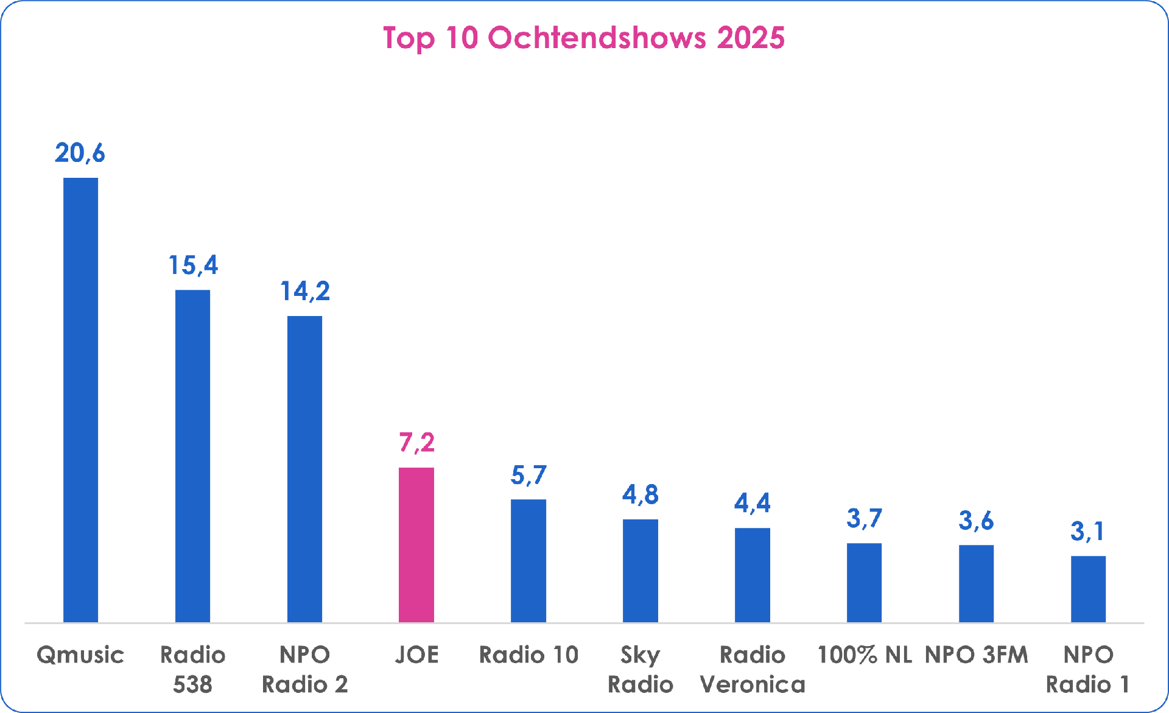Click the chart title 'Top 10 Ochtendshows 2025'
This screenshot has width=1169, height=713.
pyautogui.click(x=583, y=38)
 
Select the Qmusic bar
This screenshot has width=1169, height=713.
pyautogui.click(x=80, y=399)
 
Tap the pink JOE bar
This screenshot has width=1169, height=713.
pyautogui.click(x=416, y=544)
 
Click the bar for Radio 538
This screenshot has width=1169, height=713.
pyautogui.click(x=192, y=455)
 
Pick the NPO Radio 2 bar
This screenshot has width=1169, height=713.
pyautogui.click(x=304, y=469)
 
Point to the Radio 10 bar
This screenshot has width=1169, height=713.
pyautogui.click(x=528, y=560)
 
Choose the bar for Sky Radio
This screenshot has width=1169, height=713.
pyautogui.click(x=641, y=571)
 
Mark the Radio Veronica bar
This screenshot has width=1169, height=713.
pyautogui.click(x=753, y=575)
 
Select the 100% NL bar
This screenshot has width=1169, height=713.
pyautogui.click(x=864, y=582)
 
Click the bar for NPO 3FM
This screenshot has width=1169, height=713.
pyautogui.click(x=976, y=583)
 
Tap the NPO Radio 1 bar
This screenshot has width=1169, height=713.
pyautogui.click(x=1088, y=589)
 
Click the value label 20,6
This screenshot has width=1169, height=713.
pyautogui.click(x=80, y=153)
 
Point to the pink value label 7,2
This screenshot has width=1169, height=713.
pyautogui.click(x=417, y=443)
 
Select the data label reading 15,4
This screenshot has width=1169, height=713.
pyautogui.click(x=193, y=265)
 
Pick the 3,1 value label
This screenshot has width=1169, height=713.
pyautogui.click(x=1087, y=532)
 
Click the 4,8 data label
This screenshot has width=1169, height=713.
pyautogui.click(x=641, y=494)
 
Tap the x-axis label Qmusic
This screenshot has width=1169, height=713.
pyautogui.click(x=80, y=655)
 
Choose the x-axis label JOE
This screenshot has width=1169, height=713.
pyautogui.click(x=417, y=655)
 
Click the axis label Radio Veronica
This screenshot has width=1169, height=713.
pyautogui.click(x=753, y=670)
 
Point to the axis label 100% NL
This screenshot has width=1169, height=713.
pyautogui.click(x=864, y=655)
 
